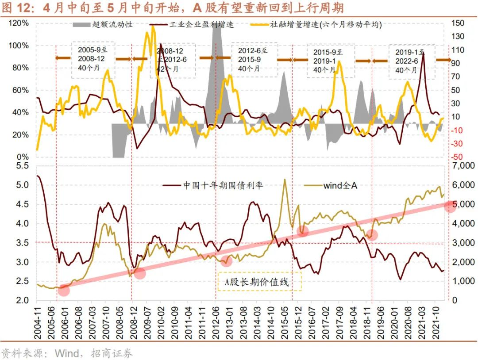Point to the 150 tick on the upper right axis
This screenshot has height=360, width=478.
tap(459, 23)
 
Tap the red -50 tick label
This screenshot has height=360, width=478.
tap(458, 157)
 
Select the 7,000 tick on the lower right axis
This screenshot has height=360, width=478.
tap(462, 165)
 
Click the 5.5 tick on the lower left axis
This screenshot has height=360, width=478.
tap(22, 166)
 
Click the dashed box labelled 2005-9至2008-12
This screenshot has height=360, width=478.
tap(93, 60)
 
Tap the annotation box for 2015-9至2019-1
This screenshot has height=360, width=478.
tap(328, 61)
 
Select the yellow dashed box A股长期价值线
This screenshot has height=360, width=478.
tap(259, 282)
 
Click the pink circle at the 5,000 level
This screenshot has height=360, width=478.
tap(450, 206)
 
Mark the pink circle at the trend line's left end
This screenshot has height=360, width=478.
tap(64, 290)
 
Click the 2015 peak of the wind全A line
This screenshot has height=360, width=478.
tap(284, 180)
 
